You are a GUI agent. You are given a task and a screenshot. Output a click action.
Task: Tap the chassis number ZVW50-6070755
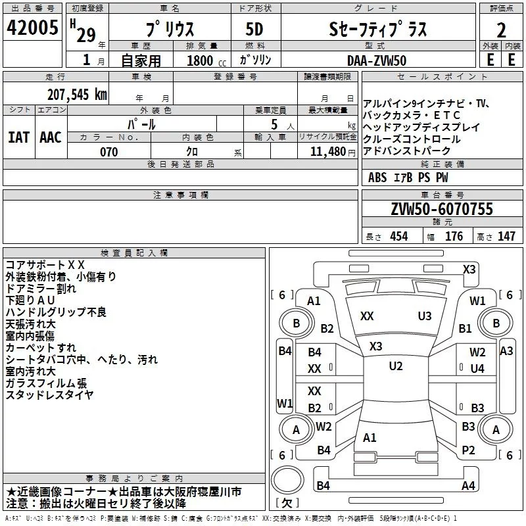(441, 209)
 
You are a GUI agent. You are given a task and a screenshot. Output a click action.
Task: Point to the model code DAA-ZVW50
(377, 60)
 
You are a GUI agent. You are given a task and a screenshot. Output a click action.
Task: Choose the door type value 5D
(254, 30)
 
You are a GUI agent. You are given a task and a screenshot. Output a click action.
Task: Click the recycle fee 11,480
(327, 152)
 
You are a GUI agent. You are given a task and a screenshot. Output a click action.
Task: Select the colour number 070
(108, 152)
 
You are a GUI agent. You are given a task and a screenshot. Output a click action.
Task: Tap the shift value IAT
(18, 137)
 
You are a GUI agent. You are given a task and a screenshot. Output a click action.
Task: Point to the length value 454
(399, 237)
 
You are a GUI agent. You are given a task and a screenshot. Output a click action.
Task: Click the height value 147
(506, 237)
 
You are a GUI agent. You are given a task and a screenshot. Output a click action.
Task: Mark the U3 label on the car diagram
(425, 316)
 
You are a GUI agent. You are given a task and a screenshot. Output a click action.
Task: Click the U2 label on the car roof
(395, 366)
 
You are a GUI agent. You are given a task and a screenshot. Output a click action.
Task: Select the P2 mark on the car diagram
(468, 450)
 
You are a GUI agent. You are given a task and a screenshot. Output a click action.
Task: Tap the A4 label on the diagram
(468, 486)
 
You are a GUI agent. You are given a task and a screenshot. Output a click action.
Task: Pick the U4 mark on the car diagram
(477, 369)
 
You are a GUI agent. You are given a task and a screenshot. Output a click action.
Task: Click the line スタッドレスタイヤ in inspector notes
(49, 395)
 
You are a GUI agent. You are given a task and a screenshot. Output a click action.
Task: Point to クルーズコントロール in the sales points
(412, 139)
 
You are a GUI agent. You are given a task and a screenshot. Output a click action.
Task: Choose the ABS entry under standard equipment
(377, 177)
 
